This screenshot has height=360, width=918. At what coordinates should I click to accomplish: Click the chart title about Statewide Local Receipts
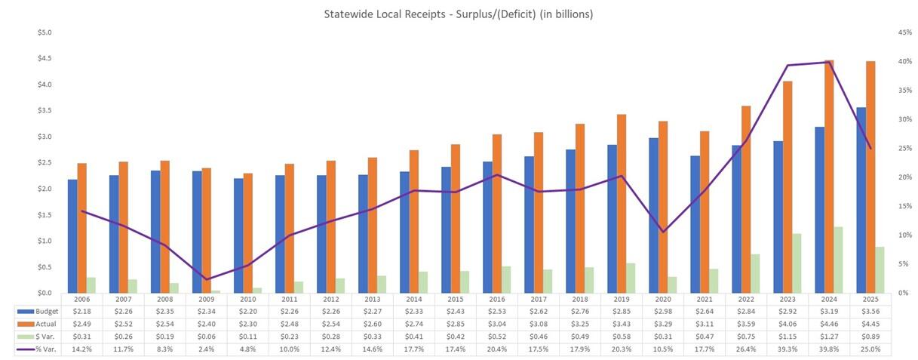(458, 14)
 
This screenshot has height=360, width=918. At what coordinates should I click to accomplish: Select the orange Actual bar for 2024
(829, 177)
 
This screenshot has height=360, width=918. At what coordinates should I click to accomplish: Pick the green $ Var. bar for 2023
(797, 263)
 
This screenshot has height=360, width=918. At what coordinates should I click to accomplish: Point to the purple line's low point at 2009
(206, 279)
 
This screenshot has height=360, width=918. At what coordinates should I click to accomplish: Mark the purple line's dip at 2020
(663, 232)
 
